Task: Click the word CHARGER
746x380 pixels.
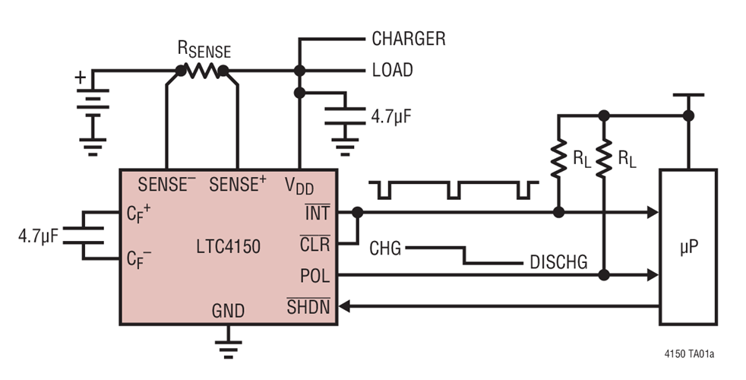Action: click(409, 39)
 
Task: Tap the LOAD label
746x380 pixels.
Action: click(393, 71)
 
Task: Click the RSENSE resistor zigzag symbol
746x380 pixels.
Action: click(202, 71)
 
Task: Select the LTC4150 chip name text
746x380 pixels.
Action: click(229, 247)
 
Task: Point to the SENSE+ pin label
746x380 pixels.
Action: click(238, 184)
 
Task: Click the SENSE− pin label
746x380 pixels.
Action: click(166, 184)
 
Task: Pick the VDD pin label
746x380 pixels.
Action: click(299, 185)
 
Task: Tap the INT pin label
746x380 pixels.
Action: click(318, 212)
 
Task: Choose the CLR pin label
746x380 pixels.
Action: click(315, 244)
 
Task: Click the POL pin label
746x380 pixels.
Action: click(315, 276)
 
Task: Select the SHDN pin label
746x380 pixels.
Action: click(308, 306)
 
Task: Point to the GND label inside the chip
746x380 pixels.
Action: click(229, 311)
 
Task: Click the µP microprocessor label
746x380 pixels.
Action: click(688, 248)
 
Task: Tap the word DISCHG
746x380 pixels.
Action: click(558, 262)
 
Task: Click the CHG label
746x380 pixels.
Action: click(385, 248)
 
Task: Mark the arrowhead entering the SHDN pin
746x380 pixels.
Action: click(344, 306)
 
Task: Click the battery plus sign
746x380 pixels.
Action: click(81, 78)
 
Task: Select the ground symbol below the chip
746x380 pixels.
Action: click(229, 349)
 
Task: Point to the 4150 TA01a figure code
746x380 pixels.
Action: click(689, 354)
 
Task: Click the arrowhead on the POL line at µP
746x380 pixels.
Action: click(653, 275)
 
